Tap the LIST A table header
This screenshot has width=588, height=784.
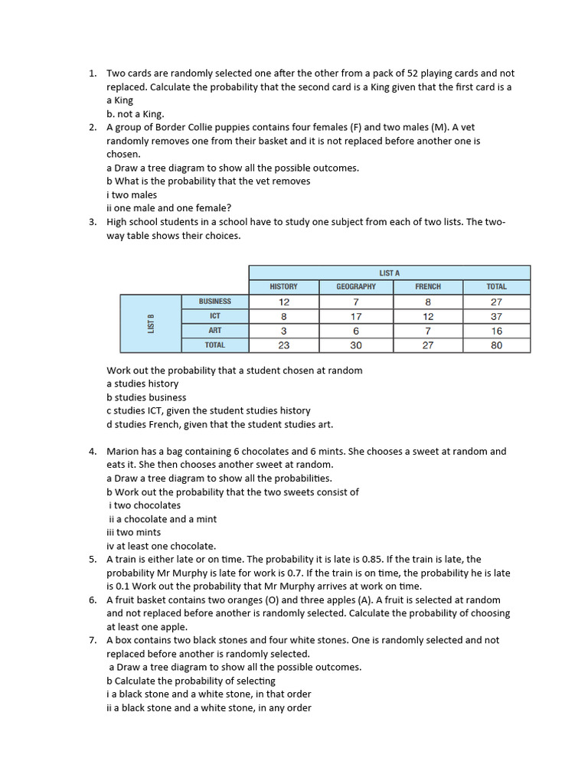click(389, 273)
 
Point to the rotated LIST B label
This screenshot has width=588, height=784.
click(151, 323)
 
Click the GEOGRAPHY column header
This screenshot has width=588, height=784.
click(356, 287)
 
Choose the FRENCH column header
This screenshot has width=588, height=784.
click(427, 287)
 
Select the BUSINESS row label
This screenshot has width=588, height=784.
click(214, 302)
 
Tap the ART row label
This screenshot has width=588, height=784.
click(214, 331)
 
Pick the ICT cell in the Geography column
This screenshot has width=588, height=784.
click(356, 316)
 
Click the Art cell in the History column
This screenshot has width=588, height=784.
click(284, 331)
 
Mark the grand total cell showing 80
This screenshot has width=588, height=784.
click(496, 345)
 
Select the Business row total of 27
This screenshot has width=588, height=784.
click(496, 302)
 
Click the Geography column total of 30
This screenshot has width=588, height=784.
click(356, 345)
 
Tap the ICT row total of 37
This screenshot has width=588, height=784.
click(496, 316)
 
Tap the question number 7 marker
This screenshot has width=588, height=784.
click(92, 640)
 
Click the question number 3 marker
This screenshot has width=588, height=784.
click(92, 222)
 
